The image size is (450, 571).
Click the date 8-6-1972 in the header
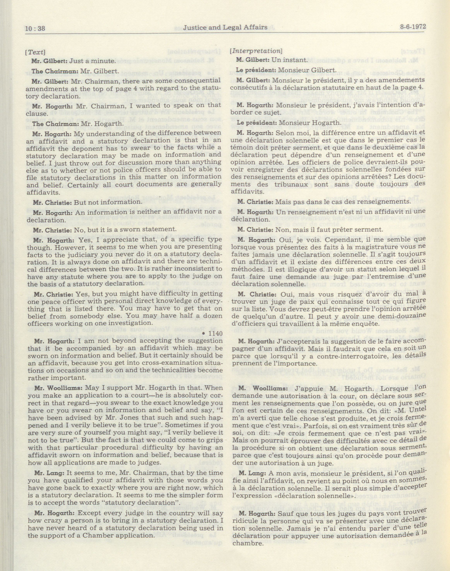pyautogui.click(x=413, y=27)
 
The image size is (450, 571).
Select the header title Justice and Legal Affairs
pyautogui.click(x=225, y=27)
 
